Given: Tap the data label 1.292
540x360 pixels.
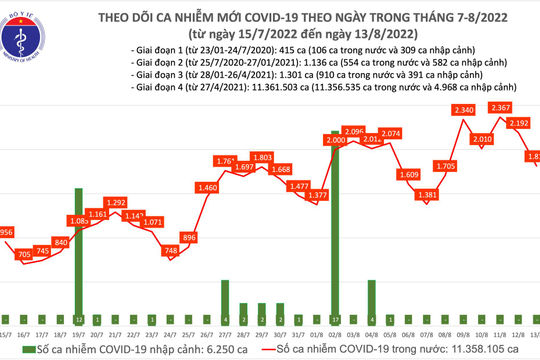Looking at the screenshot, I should [117, 202].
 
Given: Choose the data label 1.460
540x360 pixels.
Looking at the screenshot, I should [208, 187].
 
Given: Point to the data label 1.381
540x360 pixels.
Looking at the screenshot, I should [427, 194].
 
